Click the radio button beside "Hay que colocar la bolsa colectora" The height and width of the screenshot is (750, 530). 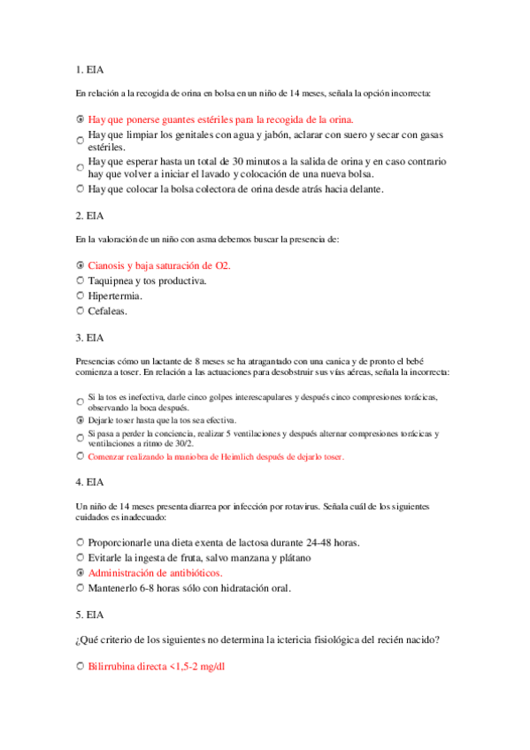[81, 188]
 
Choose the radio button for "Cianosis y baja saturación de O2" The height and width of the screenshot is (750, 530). [81, 264]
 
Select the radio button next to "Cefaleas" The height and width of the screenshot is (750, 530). [81, 310]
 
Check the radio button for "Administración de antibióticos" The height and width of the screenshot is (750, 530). [81, 573]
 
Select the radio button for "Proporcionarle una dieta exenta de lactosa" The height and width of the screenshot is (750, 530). [81, 541]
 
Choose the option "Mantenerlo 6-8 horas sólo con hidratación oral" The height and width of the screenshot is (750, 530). [189, 588]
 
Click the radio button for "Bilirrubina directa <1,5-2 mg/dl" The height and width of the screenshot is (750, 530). [81, 665]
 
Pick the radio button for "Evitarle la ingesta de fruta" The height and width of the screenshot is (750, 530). [81, 557]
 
